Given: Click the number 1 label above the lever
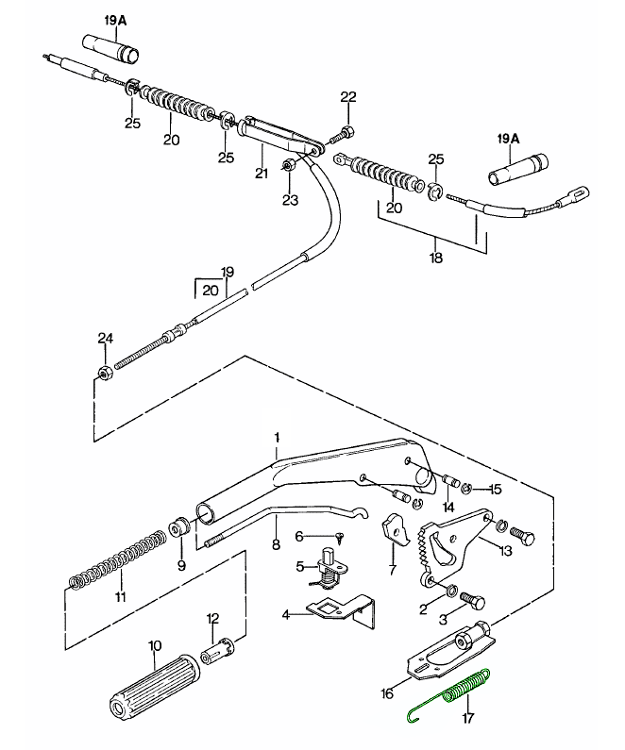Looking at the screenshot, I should pyautogui.click(x=277, y=437).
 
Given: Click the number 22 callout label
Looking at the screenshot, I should pyautogui.click(x=347, y=97).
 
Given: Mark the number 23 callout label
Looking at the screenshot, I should pyautogui.click(x=290, y=200).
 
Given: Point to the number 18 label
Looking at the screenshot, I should pyautogui.click(x=434, y=256).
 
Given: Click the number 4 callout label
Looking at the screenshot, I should pyautogui.click(x=284, y=614).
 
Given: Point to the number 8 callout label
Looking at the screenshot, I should pyautogui.click(x=276, y=544).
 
